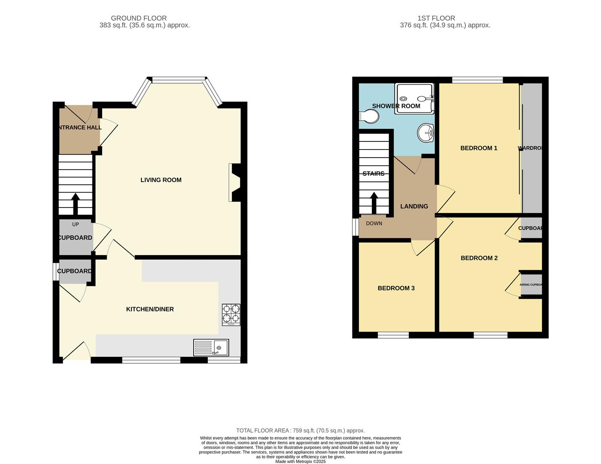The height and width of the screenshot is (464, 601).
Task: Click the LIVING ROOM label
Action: [x=161, y=180]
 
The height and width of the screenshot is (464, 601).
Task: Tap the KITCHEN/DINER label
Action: [x=150, y=309]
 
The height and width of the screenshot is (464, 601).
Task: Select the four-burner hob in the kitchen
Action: [x=231, y=314]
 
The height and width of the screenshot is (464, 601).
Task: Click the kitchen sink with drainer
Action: [x=211, y=348]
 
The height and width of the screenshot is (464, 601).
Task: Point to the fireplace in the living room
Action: [x=235, y=183]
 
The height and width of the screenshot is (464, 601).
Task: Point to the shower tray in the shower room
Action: [x=415, y=99]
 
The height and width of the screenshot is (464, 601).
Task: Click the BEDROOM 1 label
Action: [x=479, y=148]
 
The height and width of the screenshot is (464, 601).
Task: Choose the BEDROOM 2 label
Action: [x=479, y=258]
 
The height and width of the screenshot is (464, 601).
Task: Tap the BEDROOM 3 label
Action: [x=396, y=288]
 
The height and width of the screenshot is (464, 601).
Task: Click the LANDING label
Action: [x=414, y=206]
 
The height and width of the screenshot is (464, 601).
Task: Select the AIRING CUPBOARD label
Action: [x=531, y=285]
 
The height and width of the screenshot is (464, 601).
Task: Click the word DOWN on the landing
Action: [x=374, y=223]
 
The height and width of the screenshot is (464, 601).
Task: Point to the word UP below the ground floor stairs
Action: [x=76, y=224]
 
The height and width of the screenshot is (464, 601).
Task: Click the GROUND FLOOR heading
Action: [x=139, y=18]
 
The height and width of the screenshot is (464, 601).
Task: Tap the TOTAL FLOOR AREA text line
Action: [x=300, y=430]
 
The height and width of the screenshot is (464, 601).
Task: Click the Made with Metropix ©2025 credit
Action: [x=300, y=461]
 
